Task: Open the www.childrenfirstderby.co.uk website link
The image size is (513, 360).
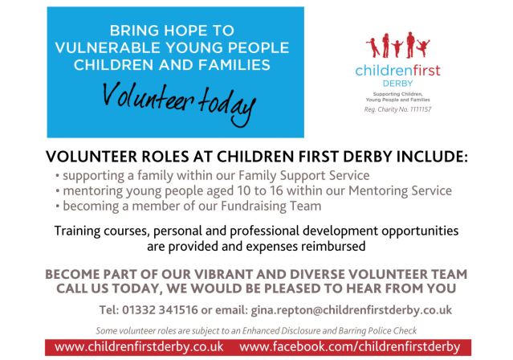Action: pyautogui.click(x=138, y=347)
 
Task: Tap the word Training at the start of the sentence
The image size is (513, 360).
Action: pyautogui.click(x=79, y=231)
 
